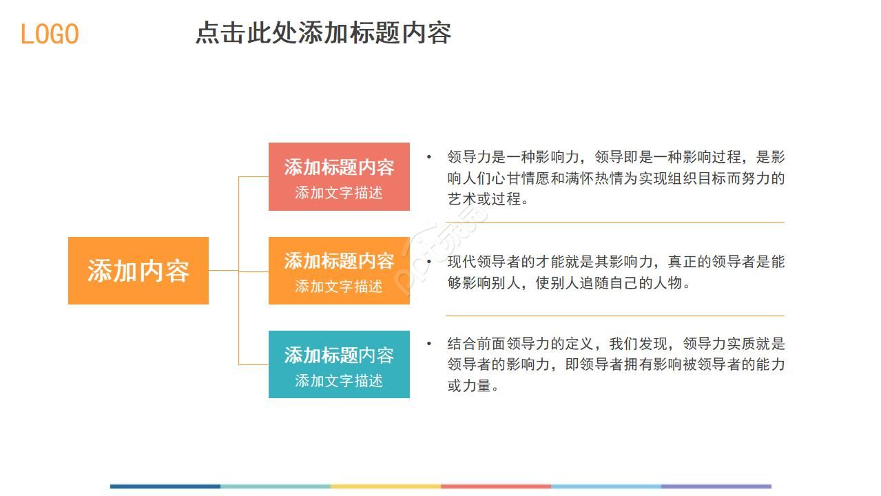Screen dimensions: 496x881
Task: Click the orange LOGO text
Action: [50, 34]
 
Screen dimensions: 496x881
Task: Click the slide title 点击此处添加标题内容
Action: [323, 33]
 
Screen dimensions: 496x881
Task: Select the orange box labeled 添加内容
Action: [138, 271]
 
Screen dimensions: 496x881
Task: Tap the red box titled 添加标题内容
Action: [339, 167]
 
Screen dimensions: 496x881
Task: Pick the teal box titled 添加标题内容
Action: [339, 355]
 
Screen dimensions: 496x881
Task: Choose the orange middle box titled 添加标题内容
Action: [339, 261]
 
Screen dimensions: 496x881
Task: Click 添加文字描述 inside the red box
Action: [339, 193]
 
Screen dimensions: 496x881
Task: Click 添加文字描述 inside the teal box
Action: [339, 380]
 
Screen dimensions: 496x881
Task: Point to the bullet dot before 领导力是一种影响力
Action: [429, 157]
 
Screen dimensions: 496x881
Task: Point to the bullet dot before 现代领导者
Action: [429, 262]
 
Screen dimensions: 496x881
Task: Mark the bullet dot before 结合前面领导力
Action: [429, 343]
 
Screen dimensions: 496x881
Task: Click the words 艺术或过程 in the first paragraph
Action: [483, 200]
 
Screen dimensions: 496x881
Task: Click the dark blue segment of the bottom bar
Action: [165, 486]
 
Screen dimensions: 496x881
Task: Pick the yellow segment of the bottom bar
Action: [386, 486]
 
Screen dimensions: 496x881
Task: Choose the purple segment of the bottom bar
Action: [716, 486]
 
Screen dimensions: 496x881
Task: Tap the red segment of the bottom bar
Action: [496, 486]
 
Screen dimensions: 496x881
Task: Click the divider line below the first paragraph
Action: [614, 223]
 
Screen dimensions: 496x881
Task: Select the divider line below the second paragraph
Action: [614, 316]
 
